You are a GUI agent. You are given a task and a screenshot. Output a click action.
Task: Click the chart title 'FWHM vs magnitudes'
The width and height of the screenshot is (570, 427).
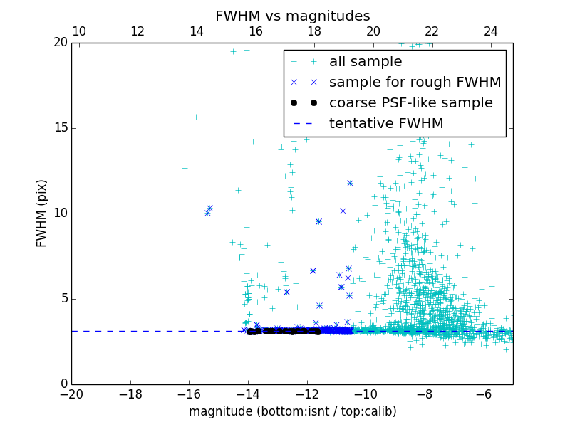coord(292,16)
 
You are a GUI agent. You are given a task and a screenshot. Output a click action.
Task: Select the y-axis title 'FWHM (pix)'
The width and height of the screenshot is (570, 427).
coord(42,213)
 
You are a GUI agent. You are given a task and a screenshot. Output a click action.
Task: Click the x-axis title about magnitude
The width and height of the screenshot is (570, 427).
coord(292,411)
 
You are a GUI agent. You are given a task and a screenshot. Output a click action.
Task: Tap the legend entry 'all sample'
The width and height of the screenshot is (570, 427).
coord(365,62)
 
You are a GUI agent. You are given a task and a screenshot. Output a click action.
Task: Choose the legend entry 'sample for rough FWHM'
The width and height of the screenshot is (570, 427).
coord(415,83)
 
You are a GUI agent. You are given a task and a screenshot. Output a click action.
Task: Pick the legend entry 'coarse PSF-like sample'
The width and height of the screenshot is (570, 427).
coord(410,103)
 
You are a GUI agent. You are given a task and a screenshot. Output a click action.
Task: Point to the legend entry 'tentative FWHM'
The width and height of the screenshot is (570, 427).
coord(385,124)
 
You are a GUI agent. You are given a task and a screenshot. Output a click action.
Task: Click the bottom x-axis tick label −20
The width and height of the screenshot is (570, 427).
coord(71,394)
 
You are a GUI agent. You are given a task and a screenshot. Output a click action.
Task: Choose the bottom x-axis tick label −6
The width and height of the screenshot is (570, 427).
coord(484,394)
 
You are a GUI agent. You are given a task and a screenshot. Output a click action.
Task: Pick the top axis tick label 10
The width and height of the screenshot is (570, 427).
coord(79,31)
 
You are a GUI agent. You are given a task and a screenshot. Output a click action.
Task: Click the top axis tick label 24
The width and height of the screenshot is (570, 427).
coord(490,31)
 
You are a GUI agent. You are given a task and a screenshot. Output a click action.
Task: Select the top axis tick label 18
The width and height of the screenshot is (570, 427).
coord(314,31)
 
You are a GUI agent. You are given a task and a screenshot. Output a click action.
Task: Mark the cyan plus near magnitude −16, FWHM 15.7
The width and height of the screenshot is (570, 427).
coord(196,117)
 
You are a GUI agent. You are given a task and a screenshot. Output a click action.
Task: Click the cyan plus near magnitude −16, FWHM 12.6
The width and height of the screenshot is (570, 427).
coord(185,168)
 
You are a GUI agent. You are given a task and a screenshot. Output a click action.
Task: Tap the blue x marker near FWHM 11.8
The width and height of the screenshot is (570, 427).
coord(350,183)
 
